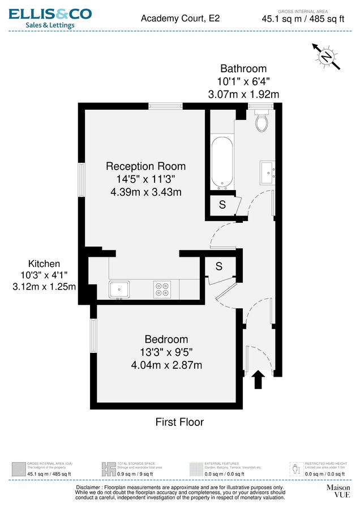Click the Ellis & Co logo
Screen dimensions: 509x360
50,18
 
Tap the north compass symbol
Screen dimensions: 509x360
327,57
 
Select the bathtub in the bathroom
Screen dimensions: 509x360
222,161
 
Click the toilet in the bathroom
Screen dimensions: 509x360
262,120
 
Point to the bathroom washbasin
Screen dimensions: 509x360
268,170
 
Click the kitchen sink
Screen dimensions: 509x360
121,290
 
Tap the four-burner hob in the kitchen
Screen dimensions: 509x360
162,290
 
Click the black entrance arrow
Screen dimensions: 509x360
259,379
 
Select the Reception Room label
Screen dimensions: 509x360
145,166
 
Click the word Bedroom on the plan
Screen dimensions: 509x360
166,339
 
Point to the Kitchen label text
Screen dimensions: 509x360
44,264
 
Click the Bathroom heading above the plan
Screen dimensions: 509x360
243,68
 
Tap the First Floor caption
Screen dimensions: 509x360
179,422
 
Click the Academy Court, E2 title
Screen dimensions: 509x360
180,18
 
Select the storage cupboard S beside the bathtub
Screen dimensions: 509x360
222,205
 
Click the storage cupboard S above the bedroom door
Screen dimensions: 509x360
218,266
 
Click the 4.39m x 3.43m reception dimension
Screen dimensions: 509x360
145,192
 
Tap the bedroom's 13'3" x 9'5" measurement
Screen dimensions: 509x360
166,352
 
